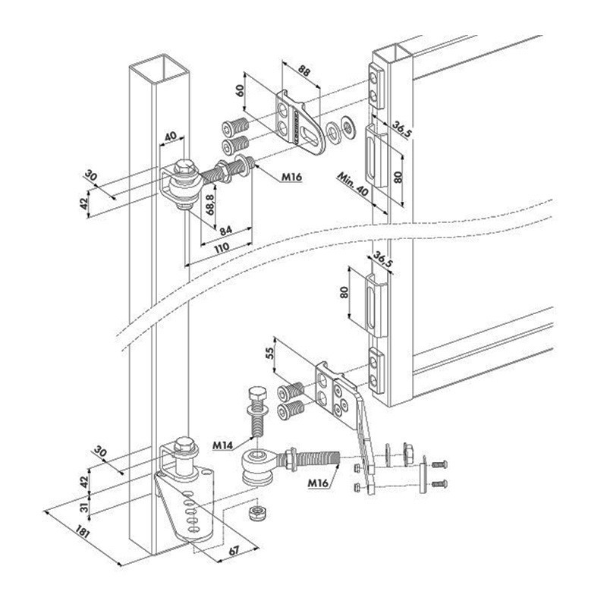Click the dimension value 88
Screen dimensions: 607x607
(x=305, y=71)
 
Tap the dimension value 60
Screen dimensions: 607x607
(x=240, y=90)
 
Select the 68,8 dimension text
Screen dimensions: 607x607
(x=210, y=205)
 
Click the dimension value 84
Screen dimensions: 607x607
(x=225, y=231)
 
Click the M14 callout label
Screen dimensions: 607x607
(x=222, y=445)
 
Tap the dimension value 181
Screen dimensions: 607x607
(x=83, y=532)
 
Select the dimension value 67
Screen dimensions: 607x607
(x=233, y=551)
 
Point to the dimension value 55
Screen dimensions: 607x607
(x=270, y=353)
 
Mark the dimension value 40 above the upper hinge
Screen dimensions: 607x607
(x=170, y=136)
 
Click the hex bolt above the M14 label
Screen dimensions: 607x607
(x=256, y=410)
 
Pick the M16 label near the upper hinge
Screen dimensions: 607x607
(x=291, y=178)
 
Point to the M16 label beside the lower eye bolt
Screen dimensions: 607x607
(x=318, y=483)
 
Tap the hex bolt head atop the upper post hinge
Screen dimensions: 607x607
(x=182, y=167)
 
